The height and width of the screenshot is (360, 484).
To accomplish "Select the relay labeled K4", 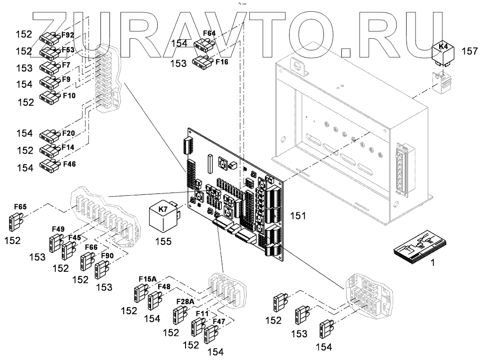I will pyautogui.click(x=443, y=53).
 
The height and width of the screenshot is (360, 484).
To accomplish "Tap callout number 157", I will pyautogui.click(x=469, y=52).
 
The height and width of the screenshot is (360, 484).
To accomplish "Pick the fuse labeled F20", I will pyautogui.click(x=49, y=135).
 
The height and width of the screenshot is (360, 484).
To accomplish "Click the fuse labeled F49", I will pyautogui.click(x=54, y=243).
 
